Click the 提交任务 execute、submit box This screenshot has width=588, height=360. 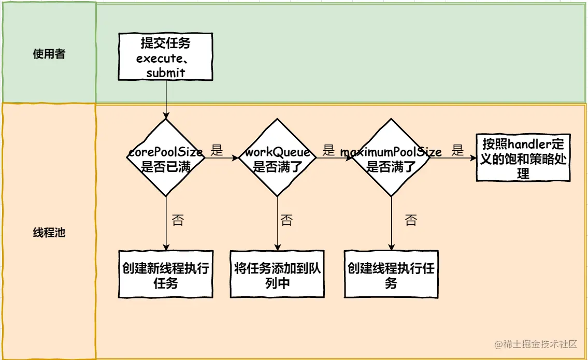(x=166, y=56)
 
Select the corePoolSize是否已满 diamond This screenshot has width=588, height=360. (x=166, y=158)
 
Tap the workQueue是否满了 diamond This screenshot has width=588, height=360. (x=278, y=158)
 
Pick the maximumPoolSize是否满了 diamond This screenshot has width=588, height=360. (x=391, y=158)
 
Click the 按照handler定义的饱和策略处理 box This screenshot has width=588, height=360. (x=523, y=158)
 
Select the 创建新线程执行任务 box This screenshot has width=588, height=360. (x=166, y=275)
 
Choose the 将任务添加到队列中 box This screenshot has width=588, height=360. (x=278, y=275)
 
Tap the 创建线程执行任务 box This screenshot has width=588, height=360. (x=391, y=275)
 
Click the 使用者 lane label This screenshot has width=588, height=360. (x=49, y=54)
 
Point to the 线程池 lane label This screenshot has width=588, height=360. (x=49, y=233)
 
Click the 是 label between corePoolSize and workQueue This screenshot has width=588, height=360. (x=217, y=151)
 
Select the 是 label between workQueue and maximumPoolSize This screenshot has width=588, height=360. (x=328, y=151)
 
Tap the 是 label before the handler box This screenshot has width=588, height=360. (x=457, y=151)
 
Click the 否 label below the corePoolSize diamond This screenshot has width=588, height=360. (x=178, y=220)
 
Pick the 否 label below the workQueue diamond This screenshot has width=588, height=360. (x=286, y=220)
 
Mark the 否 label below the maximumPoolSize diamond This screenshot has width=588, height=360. (x=410, y=220)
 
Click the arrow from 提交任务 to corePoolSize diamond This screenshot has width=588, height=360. (x=166, y=98)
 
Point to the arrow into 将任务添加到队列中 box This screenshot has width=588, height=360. (x=278, y=223)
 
